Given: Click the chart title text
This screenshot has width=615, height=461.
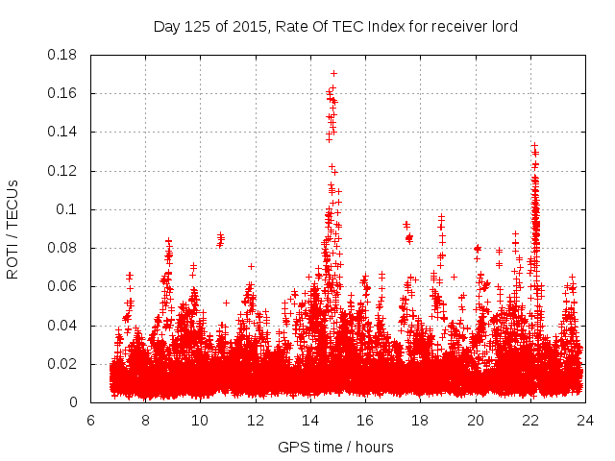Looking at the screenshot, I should (335, 27).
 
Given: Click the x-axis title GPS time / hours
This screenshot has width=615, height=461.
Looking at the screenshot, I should (335, 447).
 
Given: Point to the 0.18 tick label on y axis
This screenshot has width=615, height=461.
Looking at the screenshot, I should (63, 55).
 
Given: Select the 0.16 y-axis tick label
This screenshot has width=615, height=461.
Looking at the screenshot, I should (63, 93).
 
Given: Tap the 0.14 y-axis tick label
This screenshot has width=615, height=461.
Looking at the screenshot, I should (63, 132).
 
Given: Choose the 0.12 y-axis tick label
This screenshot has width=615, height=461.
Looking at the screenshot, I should (63, 171).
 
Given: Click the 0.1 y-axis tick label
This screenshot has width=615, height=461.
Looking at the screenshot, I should (69, 209).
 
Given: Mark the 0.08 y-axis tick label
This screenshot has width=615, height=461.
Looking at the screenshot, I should (63, 248).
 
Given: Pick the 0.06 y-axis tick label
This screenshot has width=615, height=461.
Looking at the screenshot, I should (63, 286).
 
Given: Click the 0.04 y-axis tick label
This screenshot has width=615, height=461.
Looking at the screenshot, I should (63, 326).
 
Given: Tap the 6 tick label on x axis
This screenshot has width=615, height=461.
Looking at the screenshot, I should (90, 421).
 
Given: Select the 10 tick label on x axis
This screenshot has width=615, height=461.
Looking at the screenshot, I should (200, 421).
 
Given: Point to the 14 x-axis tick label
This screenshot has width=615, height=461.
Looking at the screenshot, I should (310, 421).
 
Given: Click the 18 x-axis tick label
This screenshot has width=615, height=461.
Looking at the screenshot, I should (420, 421).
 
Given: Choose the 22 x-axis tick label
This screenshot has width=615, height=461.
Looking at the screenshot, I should (529, 421).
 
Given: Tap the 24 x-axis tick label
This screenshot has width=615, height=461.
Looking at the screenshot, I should (584, 421).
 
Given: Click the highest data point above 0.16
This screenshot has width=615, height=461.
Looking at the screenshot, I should (333, 73).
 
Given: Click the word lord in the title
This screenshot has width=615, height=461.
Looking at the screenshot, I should (503, 27).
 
